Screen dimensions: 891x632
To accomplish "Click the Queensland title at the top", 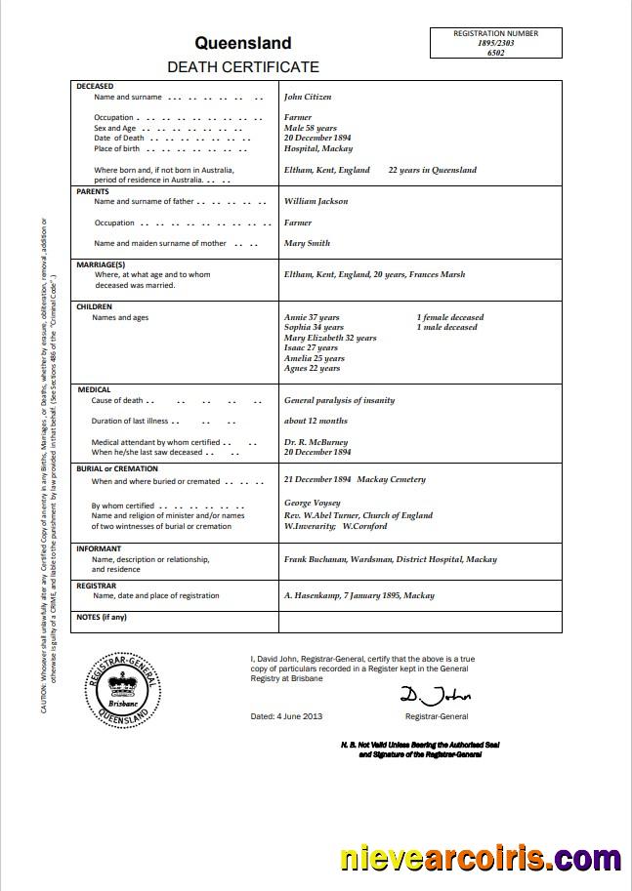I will tap(243, 43).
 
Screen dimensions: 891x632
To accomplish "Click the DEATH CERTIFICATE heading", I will tap(243, 67).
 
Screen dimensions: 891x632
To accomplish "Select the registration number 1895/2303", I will tap(495, 43).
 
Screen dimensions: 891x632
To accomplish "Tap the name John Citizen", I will tap(308, 98).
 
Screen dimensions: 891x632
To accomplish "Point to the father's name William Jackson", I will tap(316, 201).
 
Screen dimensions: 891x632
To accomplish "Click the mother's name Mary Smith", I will tap(307, 243).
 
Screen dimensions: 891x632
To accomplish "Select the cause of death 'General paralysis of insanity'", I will tap(339, 400).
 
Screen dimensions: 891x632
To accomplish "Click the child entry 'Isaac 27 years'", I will tap(311, 348).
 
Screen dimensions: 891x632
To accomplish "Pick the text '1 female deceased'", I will tap(449, 317).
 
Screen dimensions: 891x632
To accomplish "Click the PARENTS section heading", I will tap(93, 191).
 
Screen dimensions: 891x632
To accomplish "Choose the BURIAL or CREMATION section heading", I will tap(117, 468).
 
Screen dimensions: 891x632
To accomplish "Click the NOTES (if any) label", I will tap(102, 617).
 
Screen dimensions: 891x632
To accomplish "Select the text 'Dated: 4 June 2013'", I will tap(286, 716).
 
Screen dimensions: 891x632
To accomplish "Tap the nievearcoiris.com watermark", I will tap(480, 859).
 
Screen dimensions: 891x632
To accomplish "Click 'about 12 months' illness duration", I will tap(316, 422).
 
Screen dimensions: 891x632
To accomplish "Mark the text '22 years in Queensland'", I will tap(432, 170).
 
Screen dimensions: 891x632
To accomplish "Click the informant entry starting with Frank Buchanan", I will tap(390, 559).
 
